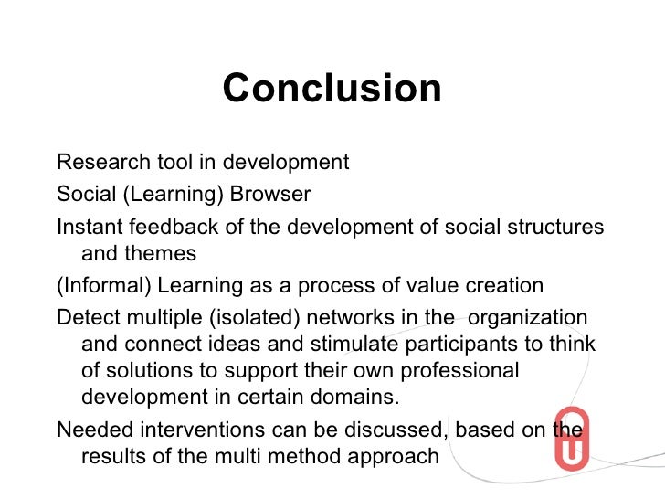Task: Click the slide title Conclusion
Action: coord(332,90)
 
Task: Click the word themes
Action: coord(160,253)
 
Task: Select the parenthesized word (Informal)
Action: coord(104,286)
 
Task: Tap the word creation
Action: coord(501,286)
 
